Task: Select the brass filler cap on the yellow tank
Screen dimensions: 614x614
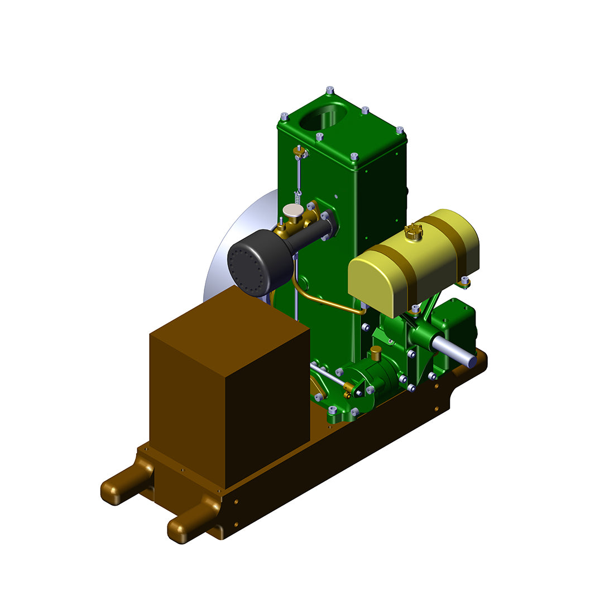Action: (411, 231)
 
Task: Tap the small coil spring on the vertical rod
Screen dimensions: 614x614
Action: (298, 196)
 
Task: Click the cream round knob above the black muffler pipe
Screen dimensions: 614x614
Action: (292, 210)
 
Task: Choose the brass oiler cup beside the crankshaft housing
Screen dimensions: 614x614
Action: (376, 352)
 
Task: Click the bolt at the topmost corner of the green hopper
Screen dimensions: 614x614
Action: (330, 90)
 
